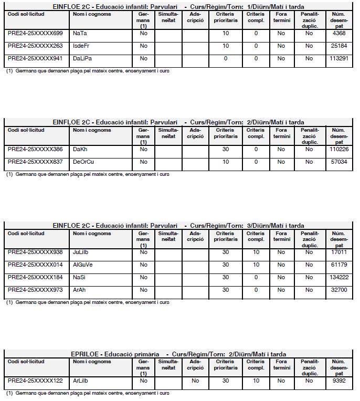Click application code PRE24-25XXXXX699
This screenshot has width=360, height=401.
[35, 33]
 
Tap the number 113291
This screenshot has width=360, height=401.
[338, 58]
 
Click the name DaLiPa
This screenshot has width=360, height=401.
[82, 58]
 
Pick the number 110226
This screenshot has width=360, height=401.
[338, 149]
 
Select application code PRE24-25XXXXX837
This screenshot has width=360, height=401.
[35, 162]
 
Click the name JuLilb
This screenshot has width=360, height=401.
[81, 252]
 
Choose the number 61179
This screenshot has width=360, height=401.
[340, 265]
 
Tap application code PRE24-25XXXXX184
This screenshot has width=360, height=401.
[35, 277]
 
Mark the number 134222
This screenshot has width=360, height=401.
[338, 277]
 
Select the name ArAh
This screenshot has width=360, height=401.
[80, 290]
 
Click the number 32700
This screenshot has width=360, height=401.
[340, 290]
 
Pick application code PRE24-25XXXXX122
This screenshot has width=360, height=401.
[35, 381]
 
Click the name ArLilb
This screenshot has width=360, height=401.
[81, 381]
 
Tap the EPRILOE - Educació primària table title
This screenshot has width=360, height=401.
[178, 354]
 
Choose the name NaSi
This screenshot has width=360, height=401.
[79, 277]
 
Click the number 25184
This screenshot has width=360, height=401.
[340, 46]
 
